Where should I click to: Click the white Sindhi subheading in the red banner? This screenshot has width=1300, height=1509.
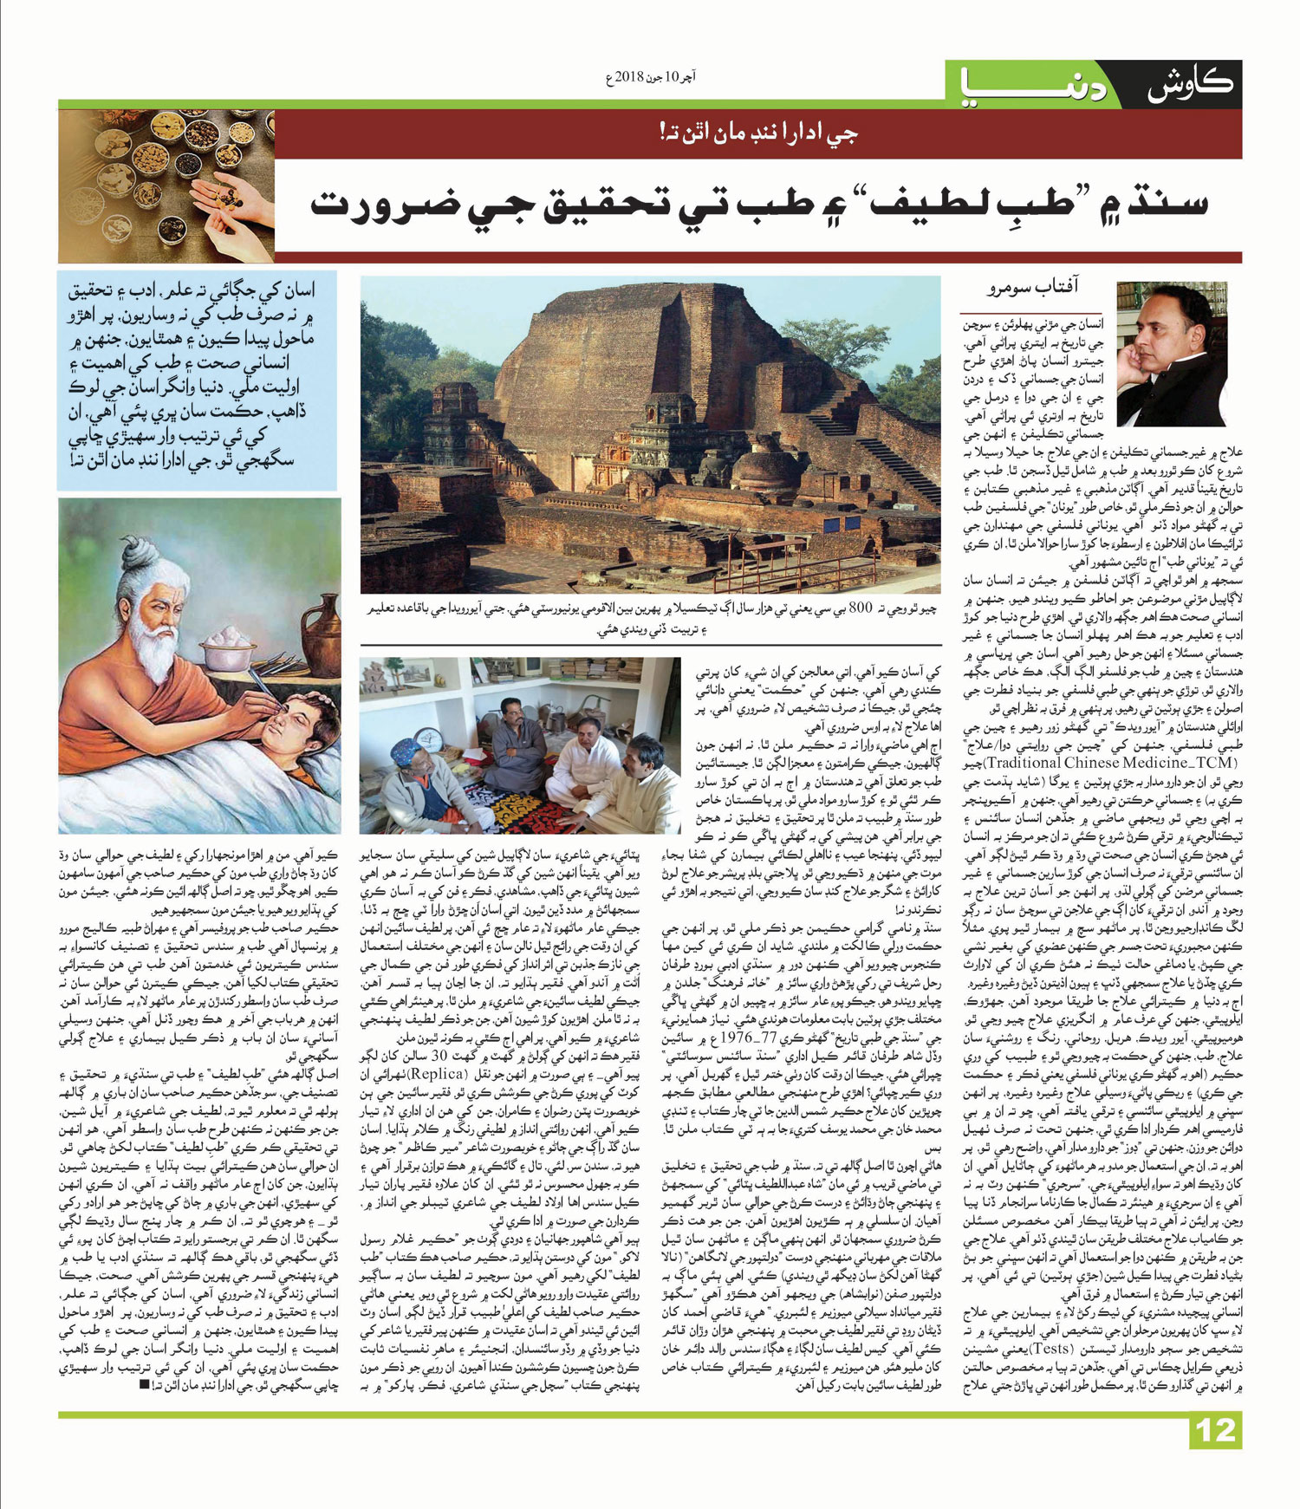[758, 133]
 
